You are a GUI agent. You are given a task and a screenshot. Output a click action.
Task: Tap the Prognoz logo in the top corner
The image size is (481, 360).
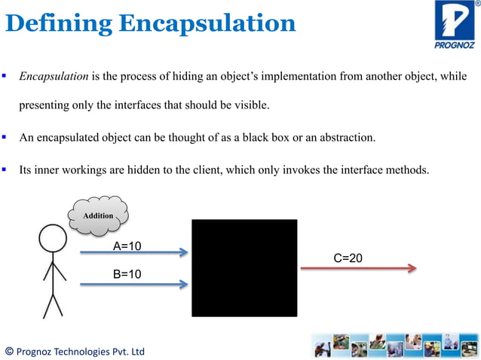(455, 24)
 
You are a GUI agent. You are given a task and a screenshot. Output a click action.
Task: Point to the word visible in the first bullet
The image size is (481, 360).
(250, 105)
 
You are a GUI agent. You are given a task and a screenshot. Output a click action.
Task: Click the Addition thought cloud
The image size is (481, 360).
(97, 216)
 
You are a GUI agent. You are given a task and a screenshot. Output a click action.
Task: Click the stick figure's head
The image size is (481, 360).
(52, 239)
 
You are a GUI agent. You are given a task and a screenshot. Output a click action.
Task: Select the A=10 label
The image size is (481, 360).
(127, 246)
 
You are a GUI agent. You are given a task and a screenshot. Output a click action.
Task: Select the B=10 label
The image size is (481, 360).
(127, 274)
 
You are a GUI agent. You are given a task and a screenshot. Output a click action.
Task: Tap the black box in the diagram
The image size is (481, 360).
(244, 267)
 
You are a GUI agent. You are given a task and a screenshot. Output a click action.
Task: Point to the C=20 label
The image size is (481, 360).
(348, 258)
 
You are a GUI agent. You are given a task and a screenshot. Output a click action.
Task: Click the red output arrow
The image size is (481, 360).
(358, 268)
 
